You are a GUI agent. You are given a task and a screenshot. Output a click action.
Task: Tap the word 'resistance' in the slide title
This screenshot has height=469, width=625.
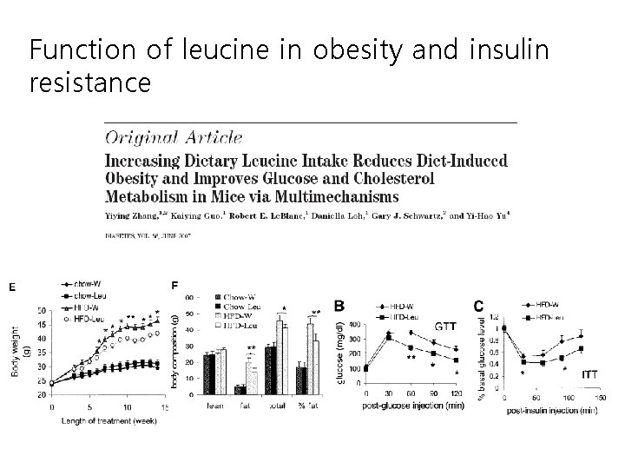coord(90,83)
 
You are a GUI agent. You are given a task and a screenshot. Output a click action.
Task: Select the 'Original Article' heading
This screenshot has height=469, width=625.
coord(174,136)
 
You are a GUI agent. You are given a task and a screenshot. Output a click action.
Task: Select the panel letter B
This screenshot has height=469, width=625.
coord(339,306)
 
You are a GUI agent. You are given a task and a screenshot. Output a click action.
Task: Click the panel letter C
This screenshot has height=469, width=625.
coord(478,306)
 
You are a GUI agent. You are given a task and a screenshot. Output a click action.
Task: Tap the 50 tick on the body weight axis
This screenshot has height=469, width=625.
coord(42,310)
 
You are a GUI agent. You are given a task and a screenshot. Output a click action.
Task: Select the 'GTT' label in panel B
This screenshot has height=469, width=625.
coord(445,327)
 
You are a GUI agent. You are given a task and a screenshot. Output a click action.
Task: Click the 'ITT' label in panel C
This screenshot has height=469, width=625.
coord(589,374)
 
